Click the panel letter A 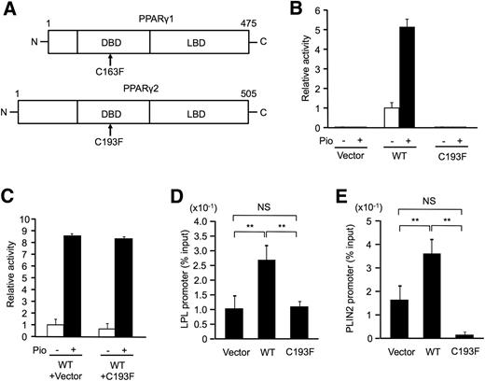tap(8, 9)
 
